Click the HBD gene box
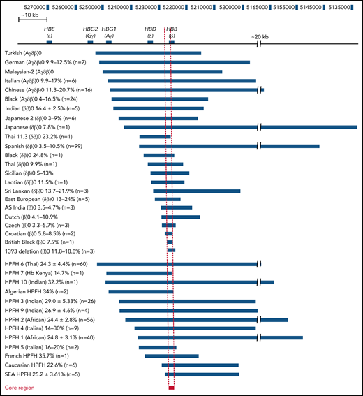150,43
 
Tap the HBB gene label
171,30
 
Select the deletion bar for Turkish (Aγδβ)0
148,53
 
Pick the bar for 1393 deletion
171,250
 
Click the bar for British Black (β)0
170,240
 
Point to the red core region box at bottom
171,386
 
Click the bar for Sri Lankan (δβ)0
196,191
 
